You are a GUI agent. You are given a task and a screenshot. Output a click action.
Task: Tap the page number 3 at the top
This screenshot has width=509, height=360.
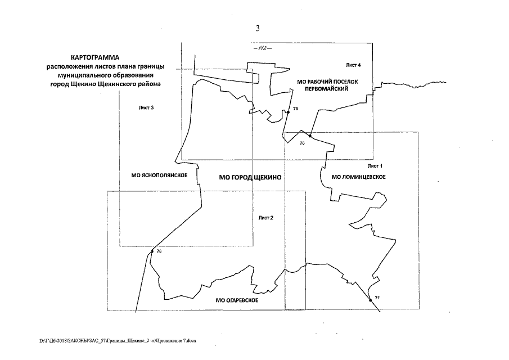coord(258,29)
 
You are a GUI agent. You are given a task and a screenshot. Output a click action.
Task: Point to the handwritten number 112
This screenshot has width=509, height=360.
coord(262,48)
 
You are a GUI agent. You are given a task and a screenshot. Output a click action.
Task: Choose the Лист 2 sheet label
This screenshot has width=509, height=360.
coord(266,218)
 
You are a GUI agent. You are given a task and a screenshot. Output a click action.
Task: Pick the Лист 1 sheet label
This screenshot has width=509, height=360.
coord(375,166)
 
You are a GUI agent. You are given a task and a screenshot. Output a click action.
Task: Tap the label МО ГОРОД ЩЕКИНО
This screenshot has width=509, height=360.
coord(249,177)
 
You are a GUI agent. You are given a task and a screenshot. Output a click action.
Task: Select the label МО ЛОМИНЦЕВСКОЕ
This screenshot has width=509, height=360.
coord(359,178)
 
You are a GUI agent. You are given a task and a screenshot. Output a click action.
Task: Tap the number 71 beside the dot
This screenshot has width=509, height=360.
coord(377,296)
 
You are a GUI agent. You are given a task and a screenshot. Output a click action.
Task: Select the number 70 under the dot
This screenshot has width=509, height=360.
coord(302,145)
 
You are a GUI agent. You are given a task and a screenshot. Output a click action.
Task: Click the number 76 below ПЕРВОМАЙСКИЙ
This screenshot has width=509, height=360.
coord(295,107)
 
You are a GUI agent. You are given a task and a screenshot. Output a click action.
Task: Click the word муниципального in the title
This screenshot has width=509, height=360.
coord(77,75)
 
